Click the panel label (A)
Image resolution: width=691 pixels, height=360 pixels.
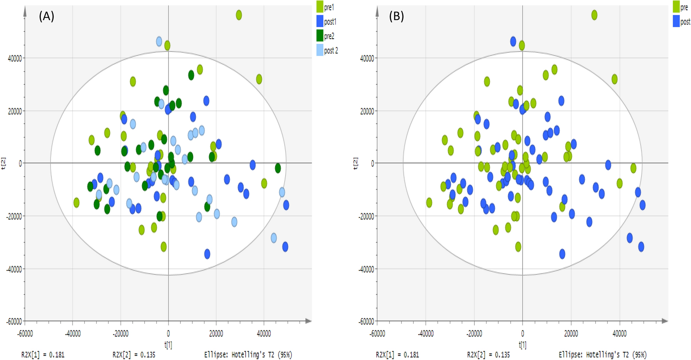point(46,16)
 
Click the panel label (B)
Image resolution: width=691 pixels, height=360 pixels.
point(396,16)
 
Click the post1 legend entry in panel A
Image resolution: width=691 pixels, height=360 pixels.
point(326,22)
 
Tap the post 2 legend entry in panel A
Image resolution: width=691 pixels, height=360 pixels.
point(327,50)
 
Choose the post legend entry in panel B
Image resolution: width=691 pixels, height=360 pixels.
point(681,22)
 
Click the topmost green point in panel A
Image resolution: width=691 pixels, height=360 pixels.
point(239,15)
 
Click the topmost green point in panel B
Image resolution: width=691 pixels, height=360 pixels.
point(595,15)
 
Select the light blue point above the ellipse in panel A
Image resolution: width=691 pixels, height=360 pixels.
point(159,41)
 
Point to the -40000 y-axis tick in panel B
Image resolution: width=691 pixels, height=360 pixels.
point(366,269)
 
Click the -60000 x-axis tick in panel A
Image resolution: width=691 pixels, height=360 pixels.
point(25,334)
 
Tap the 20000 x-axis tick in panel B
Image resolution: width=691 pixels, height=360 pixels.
point(571,334)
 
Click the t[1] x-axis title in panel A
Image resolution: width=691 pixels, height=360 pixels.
point(168,345)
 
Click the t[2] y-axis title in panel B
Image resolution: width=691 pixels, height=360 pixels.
point(355,163)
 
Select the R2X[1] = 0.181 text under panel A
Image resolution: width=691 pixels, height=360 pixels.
point(43,355)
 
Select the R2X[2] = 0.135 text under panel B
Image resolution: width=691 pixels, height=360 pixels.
point(488,355)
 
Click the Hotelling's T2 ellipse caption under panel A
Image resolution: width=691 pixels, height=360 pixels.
point(248,355)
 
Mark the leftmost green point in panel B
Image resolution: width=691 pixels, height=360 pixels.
point(429,202)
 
